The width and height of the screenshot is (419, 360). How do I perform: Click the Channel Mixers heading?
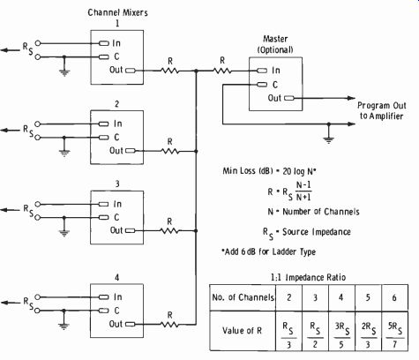(x=117, y=12)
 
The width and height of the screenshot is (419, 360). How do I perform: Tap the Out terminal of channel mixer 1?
(x=131, y=71)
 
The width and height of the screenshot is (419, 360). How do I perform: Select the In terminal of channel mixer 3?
(x=103, y=204)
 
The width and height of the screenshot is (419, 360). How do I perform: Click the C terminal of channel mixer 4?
(x=103, y=311)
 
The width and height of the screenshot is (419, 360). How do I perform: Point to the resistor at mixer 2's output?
(x=170, y=151)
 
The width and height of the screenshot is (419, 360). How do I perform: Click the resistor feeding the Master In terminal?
(x=222, y=71)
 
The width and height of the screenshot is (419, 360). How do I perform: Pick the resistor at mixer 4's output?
(x=169, y=325)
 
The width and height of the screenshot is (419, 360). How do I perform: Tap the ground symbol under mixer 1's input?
(x=64, y=72)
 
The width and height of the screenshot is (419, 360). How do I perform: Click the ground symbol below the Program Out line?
(x=329, y=139)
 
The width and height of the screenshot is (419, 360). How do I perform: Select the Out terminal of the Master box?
(x=289, y=98)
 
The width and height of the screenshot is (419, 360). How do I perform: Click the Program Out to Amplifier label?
(x=381, y=110)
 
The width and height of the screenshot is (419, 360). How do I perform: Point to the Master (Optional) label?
(x=275, y=44)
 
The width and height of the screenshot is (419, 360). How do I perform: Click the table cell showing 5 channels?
(x=368, y=297)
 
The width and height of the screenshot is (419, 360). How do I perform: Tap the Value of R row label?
(x=242, y=331)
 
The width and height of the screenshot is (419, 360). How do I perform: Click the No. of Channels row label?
(x=243, y=297)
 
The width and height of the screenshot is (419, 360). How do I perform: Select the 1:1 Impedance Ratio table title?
(x=308, y=277)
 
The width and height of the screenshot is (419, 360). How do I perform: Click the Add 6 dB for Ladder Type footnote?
(x=269, y=251)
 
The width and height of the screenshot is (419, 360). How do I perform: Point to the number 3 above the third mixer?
(x=117, y=184)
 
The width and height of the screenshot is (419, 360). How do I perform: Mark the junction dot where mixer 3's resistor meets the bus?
(x=196, y=231)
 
